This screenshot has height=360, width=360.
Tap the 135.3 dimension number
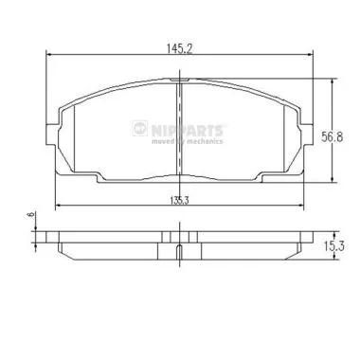(x=178, y=200)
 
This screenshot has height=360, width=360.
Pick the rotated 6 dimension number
(x=29, y=217)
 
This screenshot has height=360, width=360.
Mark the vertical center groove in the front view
(x=179, y=133)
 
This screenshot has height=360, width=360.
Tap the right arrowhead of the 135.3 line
(x=298, y=207)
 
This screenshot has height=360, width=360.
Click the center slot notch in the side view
(x=179, y=251)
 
